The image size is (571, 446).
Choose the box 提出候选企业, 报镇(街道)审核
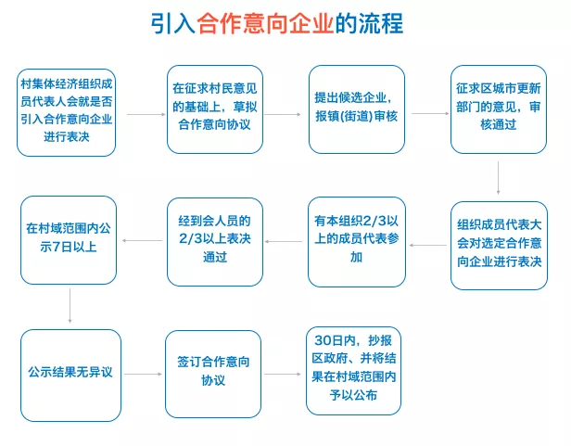click(357, 110)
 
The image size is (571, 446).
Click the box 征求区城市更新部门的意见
click(499, 110)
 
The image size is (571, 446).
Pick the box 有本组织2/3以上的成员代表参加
click(357, 241)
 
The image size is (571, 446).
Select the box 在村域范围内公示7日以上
click(69, 240)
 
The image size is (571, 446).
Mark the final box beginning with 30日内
click(357, 370)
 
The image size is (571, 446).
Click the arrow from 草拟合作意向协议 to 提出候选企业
click(282, 115)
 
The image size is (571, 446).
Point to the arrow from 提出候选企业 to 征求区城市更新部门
click(428, 115)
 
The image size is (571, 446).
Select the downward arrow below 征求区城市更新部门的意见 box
click(499, 179)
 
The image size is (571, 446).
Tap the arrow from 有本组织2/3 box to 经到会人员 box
click(286, 243)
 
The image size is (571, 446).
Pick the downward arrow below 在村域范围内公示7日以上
click(70, 306)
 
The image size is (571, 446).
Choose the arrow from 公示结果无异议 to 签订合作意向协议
click(143, 375)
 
